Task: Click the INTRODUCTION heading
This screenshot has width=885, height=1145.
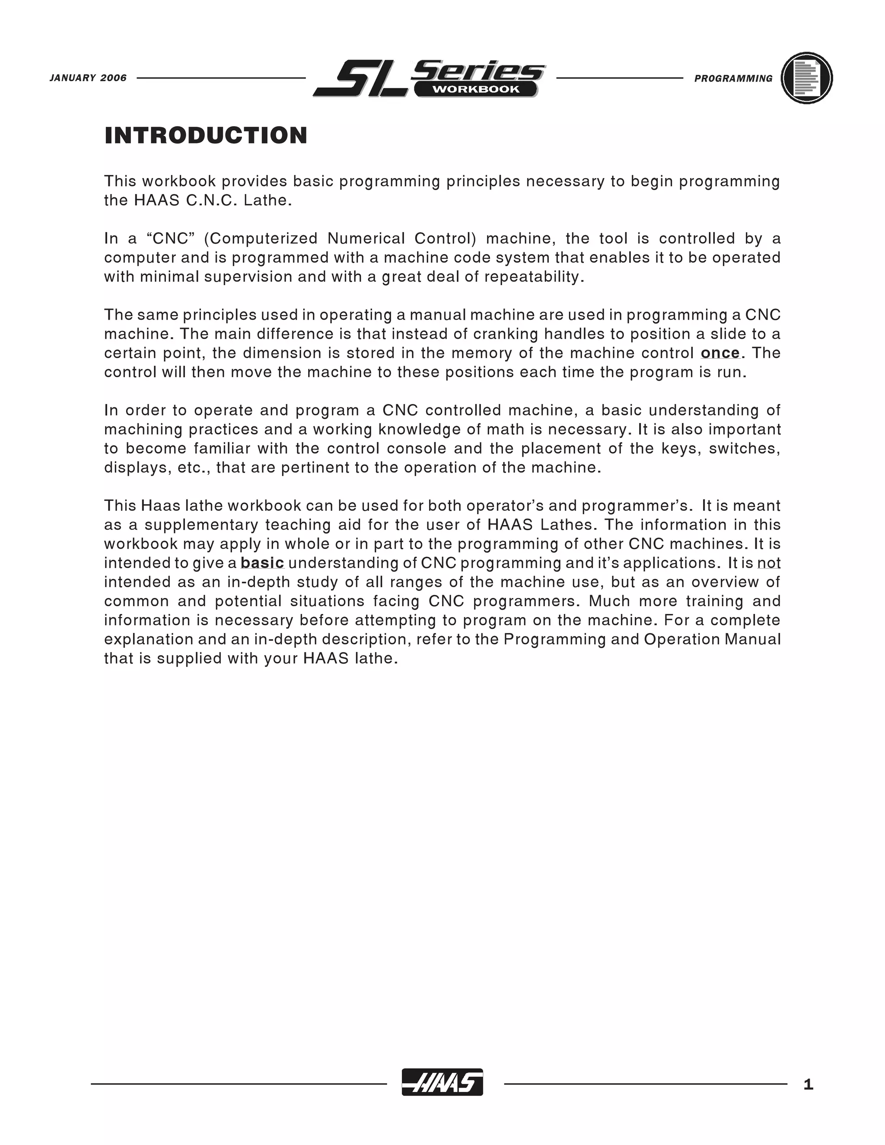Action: (206, 135)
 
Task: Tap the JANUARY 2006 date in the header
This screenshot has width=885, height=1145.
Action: (88, 78)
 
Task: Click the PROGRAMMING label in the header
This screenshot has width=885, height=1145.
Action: (733, 79)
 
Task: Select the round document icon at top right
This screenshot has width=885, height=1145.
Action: (806, 78)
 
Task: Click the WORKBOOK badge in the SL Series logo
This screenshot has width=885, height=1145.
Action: (475, 89)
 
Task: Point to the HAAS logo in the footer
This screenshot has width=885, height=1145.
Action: (442, 1082)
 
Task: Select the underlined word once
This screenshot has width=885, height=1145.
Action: (720, 353)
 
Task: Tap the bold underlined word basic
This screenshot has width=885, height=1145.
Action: (262, 563)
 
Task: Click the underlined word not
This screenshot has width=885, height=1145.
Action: (769, 563)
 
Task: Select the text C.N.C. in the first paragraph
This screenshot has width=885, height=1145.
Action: (209, 201)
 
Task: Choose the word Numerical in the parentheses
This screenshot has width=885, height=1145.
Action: (366, 239)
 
